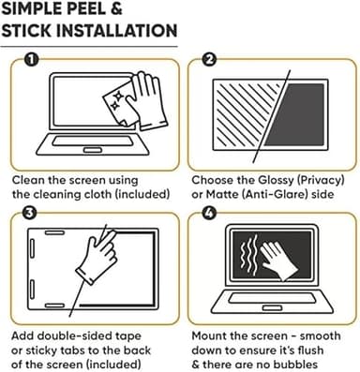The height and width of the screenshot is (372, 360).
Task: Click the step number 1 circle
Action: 32,59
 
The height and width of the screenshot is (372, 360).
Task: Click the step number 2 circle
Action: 209,59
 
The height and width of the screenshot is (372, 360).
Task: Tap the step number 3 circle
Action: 30,213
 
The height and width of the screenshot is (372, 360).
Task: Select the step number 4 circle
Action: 209,213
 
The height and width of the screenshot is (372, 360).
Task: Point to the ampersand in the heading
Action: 116,7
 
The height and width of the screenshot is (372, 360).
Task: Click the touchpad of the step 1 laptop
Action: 92,151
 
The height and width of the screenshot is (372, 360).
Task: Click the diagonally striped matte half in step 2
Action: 247,115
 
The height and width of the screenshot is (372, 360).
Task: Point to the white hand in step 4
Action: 277,260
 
